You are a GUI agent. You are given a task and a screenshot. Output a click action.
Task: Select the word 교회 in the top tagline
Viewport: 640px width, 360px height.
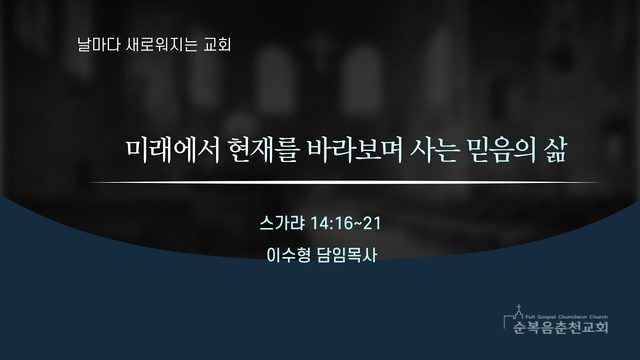(x=217, y=44)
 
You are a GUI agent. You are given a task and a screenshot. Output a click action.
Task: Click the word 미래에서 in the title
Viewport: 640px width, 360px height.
(x=173, y=151)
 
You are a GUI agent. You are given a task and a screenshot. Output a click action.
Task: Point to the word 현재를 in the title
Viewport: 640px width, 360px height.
(x=264, y=151)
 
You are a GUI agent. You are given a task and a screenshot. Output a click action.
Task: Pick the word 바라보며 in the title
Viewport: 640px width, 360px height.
(x=355, y=151)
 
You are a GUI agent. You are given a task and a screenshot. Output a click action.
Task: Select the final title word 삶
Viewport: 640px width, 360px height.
(x=556, y=151)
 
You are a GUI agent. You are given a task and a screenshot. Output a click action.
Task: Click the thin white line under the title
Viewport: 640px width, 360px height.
(x=343, y=182)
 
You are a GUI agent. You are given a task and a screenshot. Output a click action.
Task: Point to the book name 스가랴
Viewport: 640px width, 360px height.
(x=282, y=223)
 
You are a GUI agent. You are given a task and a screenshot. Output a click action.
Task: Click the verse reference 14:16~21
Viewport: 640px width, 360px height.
(x=346, y=223)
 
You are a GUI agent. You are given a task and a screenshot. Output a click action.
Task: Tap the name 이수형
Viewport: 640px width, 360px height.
(x=289, y=255)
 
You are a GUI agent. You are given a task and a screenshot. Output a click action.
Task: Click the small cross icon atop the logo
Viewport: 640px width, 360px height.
(x=518, y=308)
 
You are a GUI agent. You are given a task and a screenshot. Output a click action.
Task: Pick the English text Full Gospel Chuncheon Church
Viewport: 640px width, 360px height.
(x=567, y=317)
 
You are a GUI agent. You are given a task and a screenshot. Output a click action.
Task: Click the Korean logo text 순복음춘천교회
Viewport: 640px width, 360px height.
(x=561, y=327)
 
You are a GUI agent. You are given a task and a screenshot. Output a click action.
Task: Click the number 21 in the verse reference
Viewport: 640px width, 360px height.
(x=372, y=223)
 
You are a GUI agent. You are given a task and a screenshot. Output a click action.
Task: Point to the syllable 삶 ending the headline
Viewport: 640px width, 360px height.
(x=556, y=151)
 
